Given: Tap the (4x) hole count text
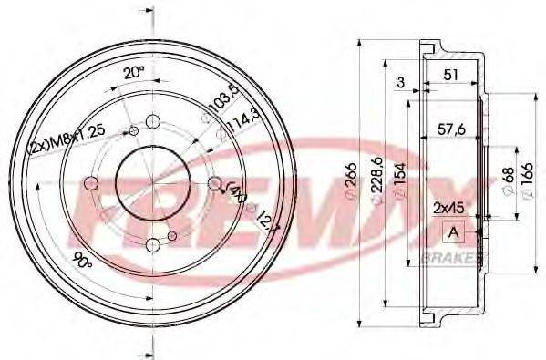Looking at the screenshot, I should click(236, 192).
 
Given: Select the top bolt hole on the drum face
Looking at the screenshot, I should click(152, 122).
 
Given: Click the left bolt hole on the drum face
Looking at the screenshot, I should click(91, 184).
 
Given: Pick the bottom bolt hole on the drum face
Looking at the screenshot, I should click(152, 244).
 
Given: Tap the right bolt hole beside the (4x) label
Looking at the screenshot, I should click(214, 185).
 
